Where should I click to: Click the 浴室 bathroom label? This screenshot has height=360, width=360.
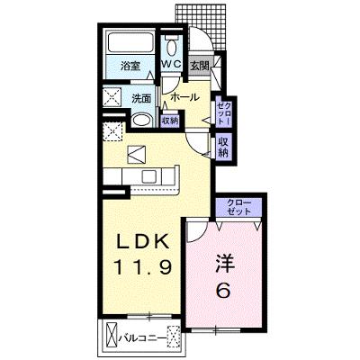[x=130, y=66]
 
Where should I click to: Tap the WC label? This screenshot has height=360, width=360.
[x=171, y=64]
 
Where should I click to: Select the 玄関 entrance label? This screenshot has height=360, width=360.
[x=200, y=66]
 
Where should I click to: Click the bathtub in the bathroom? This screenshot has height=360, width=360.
[x=130, y=42]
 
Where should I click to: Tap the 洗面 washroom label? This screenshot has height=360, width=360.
[x=141, y=99]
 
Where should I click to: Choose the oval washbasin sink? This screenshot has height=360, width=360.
[x=141, y=121]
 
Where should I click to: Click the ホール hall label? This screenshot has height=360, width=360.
[x=185, y=97]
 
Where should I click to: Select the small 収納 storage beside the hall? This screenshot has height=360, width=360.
[x=170, y=121]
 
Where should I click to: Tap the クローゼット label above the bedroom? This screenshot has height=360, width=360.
[x=238, y=207]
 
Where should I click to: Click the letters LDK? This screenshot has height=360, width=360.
[x=142, y=241]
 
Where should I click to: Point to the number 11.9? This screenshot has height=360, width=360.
[x=142, y=267]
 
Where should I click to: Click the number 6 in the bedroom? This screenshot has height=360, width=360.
[x=224, y=290]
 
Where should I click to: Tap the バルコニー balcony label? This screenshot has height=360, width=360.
[x=141, y=338]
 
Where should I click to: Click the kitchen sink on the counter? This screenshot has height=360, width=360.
[x=148, y=176]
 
